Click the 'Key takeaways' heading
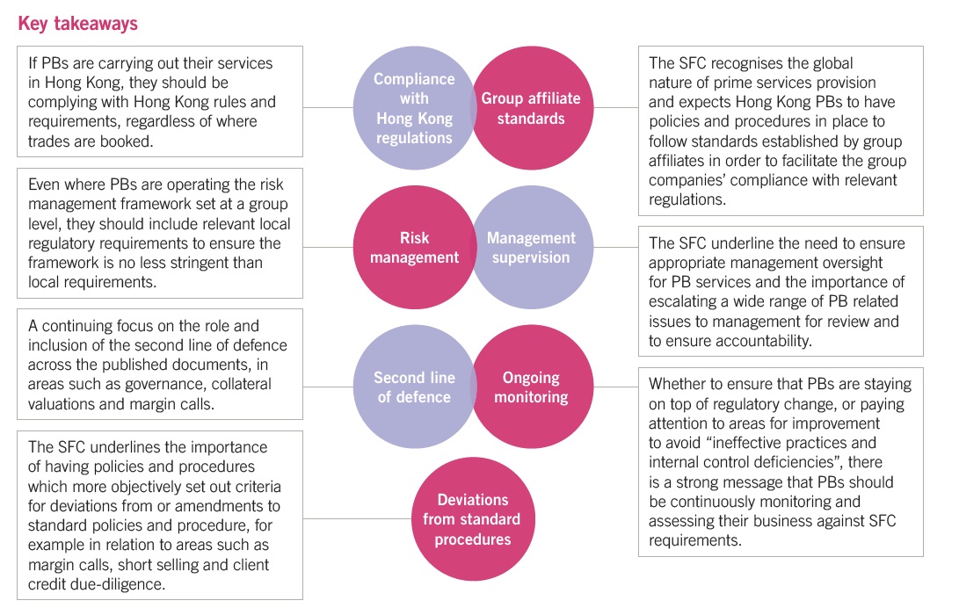point(78,24)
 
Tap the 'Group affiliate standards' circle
point(531,107)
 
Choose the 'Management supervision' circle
point(531,248)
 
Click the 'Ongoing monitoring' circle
point(531,387)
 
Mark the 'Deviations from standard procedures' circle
point(471,519)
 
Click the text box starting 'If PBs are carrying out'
point(160,102)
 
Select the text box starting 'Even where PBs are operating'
point(160,232)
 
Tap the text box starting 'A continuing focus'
point(160,365)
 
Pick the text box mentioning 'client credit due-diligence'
point(160,515)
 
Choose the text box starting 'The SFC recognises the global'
point(781,131)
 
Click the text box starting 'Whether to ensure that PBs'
point(781,461)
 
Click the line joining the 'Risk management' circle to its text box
point(328,248)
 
